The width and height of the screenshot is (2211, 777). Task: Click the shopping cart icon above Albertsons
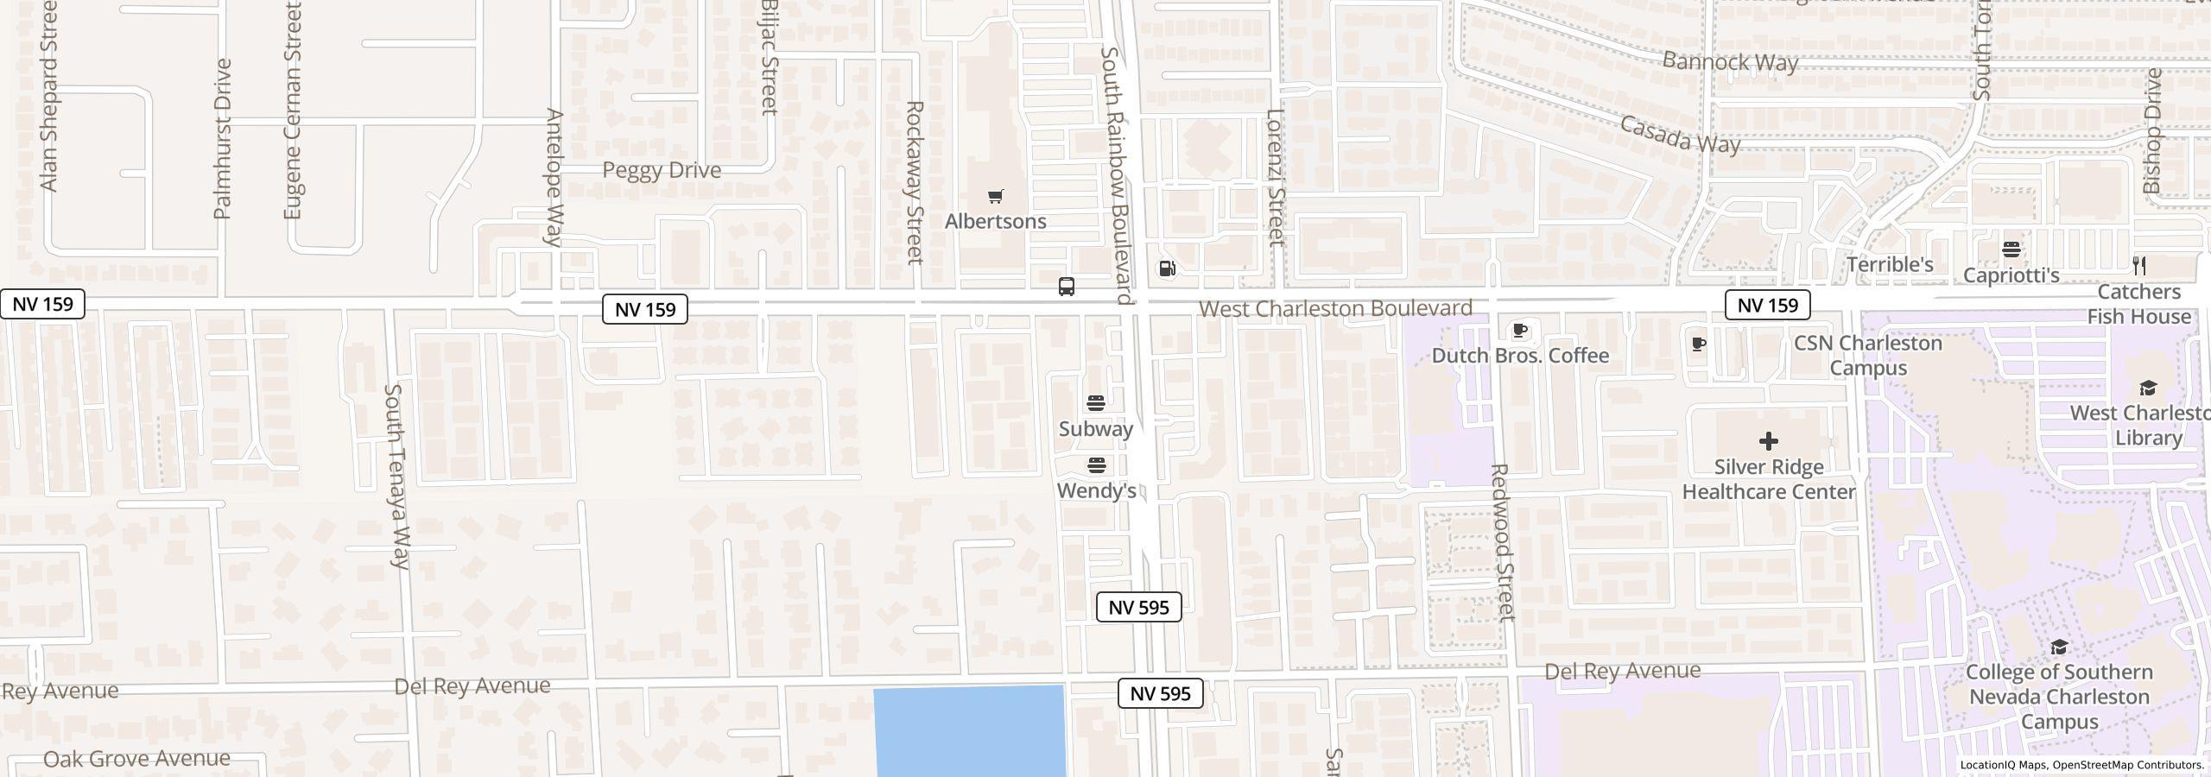click(x=996, y=197)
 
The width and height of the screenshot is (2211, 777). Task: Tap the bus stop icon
click(x=1067, y=287)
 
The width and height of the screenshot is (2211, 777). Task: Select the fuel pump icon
click(x=1167, y=268)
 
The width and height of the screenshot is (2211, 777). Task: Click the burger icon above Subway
click(x=1096, y=403)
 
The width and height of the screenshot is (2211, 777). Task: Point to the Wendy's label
click(x=1096, y=491)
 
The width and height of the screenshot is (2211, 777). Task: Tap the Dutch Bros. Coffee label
click(x=1520, y=356)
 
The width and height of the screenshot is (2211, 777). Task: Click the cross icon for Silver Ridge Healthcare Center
click(x=1768, y=441)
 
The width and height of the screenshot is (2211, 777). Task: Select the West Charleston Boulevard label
click(x=1334, y=308)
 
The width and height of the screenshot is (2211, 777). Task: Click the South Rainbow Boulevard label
click(x=1116, y=176)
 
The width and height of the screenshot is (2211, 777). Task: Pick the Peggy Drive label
click(x=662, y=170)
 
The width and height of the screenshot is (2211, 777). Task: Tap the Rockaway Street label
click(x=915, y=182)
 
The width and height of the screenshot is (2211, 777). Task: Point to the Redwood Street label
click(x=1503, y=542)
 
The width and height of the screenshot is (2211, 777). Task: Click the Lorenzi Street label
click(x=1276, y=177)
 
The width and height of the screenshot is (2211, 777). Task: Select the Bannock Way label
click(x=1729, y=62)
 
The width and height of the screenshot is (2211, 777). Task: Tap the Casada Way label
click(x=1679, y=135)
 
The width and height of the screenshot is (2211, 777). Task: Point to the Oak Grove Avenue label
click(x=136, y=759)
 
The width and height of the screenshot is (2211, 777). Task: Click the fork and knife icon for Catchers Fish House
click(x=2139, y=265)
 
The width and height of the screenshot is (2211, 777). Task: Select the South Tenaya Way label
click(x=396, y=477)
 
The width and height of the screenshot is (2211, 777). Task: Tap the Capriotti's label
click(x=2011, y=275)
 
